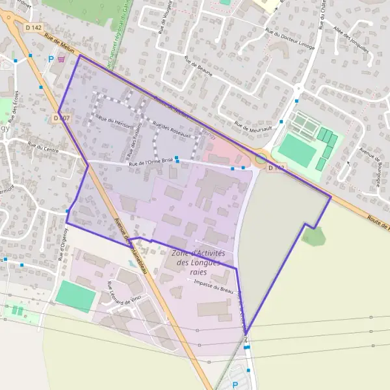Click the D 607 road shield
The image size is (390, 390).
tap(60, 118)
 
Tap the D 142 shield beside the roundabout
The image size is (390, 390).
tap(276, 168)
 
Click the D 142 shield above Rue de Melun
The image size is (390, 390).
tap(34, 28)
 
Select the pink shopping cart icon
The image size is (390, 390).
tap(61, 58)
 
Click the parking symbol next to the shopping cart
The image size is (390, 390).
tap(51, 58)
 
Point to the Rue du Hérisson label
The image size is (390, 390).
tap(114, 122)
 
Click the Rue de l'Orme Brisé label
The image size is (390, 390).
tap(151, 161)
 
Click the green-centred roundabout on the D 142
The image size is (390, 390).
tap(261, 157)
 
